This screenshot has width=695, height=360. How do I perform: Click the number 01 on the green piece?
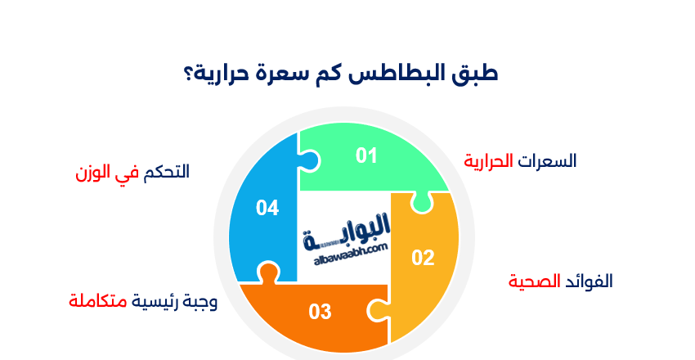(366, 155)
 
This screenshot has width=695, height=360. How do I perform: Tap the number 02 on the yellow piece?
(423, 259)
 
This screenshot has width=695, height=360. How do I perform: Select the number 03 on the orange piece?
(320, 312)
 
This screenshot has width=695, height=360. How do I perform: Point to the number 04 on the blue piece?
(267, 208)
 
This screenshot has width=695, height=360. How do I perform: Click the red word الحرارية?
(488, 160)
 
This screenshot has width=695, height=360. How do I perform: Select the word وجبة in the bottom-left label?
(200, 302)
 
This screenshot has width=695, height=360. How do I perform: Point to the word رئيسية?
(155, 302)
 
